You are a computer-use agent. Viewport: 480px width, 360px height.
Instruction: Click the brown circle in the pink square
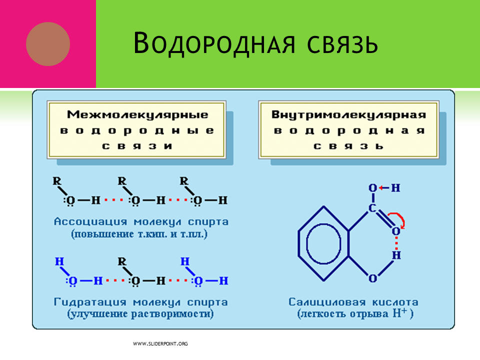tap(48, 44)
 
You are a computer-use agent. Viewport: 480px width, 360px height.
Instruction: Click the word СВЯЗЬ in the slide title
tap(342, 44)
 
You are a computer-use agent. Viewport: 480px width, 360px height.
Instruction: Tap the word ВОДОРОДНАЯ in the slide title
tap(214, 43)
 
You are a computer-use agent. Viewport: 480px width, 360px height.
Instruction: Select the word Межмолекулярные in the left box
tap(137, 115)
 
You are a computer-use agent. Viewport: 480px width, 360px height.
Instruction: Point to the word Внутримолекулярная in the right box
tap(348, 115)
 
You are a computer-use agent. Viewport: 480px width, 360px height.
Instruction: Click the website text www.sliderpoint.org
tap(160, 344)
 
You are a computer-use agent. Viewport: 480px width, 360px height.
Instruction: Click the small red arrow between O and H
tap(384, 187)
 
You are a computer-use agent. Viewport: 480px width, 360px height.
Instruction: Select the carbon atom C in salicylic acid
tap(372, 208)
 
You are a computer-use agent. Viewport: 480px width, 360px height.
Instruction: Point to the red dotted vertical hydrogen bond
tap(396, 243)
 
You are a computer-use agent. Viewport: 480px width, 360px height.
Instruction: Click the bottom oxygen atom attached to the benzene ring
tap(372, 278)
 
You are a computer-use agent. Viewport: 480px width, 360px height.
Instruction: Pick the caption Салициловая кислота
tap(353, 302)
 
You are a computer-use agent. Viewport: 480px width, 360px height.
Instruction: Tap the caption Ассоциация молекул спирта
tap(141, 221)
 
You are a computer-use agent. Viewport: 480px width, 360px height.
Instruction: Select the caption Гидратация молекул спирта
tap(141, 302)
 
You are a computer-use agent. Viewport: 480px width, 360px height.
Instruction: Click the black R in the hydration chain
tap(122, 261)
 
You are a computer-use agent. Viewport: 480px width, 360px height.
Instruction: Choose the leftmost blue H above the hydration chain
tap(59, 261)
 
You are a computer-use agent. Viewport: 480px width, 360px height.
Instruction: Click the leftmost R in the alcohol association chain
tap(57, 181)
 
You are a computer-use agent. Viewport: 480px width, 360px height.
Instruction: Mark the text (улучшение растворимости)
tap(140, 314)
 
